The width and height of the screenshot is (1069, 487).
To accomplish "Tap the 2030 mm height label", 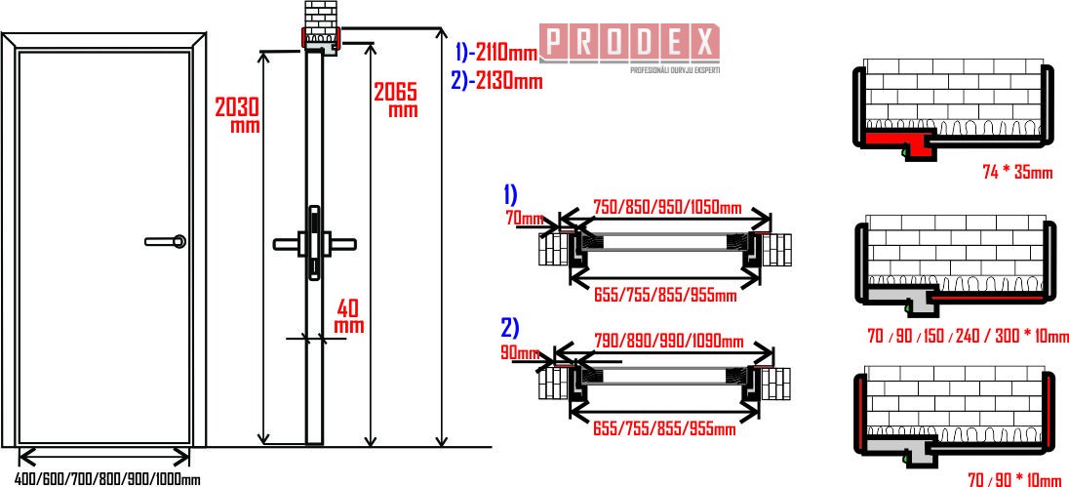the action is click(x=237, y=114).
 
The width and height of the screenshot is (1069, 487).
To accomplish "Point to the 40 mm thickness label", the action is click(x=348, y=316).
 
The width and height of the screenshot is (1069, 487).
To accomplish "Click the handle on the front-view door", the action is click(x=166, y=241).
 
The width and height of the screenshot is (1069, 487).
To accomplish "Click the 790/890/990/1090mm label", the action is click(x=667, y=341).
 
